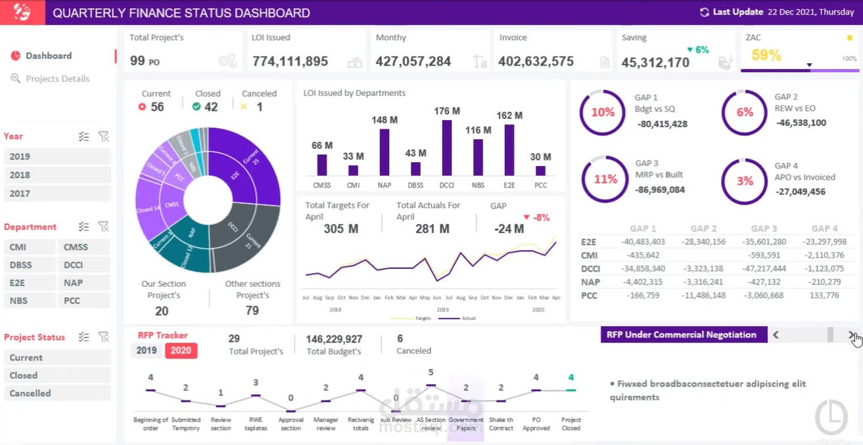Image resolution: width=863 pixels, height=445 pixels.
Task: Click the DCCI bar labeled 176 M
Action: tap(446, 148)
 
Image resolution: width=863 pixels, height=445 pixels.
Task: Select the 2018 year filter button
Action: tap(57, 175)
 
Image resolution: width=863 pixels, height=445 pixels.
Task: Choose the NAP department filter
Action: tap(84, 283)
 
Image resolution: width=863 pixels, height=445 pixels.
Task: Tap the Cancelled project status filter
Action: tap(57, 393)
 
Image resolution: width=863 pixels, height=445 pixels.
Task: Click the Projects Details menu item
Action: tap(57, 79)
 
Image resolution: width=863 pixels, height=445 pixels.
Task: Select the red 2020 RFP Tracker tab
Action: tap(181, 350)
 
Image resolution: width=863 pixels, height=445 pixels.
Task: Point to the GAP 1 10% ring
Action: tap(603, 112)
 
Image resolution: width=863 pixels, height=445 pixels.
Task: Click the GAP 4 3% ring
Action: tap(745, 181)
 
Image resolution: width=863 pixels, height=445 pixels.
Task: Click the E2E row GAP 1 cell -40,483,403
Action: tap(642, 242)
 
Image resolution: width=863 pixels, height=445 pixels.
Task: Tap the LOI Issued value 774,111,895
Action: tap(290, 62)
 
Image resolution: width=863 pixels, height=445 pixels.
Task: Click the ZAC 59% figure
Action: tap(766, 56)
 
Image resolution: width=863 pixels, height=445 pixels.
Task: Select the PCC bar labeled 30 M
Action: tap(540, 170)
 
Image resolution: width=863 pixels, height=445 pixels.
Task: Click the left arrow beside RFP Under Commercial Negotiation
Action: tap(776, 335)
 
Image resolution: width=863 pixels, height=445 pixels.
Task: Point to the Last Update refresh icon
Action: tap(705, 12)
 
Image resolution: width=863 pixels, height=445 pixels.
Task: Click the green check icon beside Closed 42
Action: tap(197, 106)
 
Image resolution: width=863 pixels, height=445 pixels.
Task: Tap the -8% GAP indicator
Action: tap(536, 217)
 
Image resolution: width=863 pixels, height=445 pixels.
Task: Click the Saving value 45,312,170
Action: tap(655, 62)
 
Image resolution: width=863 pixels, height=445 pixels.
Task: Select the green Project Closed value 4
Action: tap(571, 377)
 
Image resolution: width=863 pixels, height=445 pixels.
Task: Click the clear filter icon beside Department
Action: tap(103, 226)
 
